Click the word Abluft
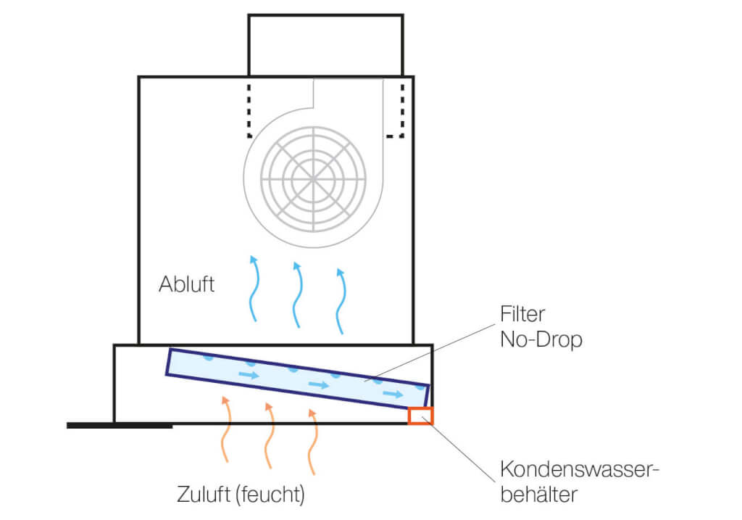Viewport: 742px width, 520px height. [x=186, y=283]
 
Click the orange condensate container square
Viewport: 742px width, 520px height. [x=420, y=416]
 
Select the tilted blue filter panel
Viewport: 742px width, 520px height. [x=297, y=378]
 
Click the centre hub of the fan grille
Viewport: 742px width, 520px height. [x=313, y=178]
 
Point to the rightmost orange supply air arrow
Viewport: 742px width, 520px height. [x=312, y=442]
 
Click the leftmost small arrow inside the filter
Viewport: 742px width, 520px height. [x=249, y=375]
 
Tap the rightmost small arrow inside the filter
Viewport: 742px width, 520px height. [x=393, y=394]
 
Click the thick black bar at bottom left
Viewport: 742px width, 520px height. [x=120, y=426]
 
